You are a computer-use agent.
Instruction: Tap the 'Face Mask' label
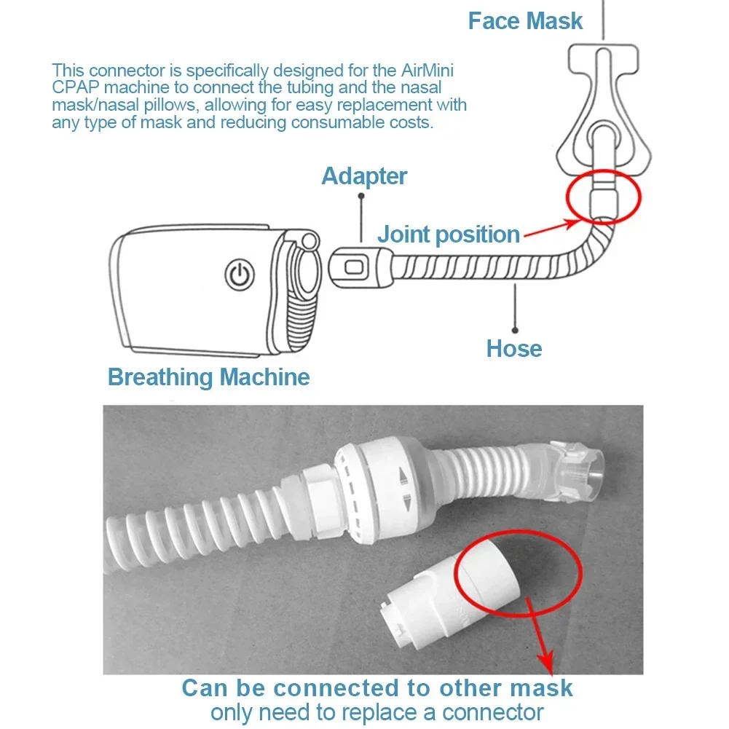pyautogui.click(x=524, y=21)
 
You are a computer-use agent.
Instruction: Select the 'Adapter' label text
pyautogui.click(x=364, y=176)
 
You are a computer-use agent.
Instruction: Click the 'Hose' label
pyautogui.click(x=514, y=349)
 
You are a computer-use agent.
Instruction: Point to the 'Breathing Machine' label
pyautogui.click(x=208, y=377)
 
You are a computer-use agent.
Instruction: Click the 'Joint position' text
pyautogui.click(x=449, y=235)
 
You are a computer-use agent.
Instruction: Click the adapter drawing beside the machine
pyautogui.click(x=358, y=267)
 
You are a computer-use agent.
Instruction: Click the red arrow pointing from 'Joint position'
pyautogui.click(x=548, y=227)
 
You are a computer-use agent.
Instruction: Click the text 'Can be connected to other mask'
pyautogui.click(x=377, y=688)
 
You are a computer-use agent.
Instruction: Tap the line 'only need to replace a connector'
pyautogui.click(x=377, y=712)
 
